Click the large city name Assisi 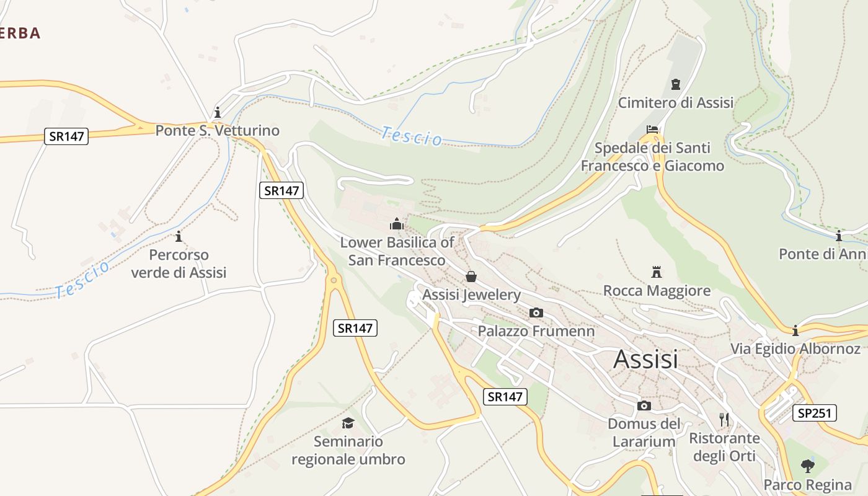pyautogui.click(x=645, y=359)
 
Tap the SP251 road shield pyautogui.click(x=814, y=413)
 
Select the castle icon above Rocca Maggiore pyautogui.click(x=657, y=272)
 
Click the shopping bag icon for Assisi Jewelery pyautogui.click(x=471, y=277)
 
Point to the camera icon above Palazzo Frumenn pyautogui.click(x=536, y=313)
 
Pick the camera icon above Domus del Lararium pyautogui.click(x=644, y=405)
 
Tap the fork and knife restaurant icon pyautogui.click(x=724, y=420)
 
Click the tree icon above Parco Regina pyautogui.click(x=807, y=465)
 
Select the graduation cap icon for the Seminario pyautogui.click(x=348, y=423)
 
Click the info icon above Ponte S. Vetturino pyautogui.click(x=218, y=113)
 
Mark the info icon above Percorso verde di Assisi pyautogui.click(x=179, y=236)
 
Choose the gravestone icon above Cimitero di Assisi pyautogui.click(x=676, y=84)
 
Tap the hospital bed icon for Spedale pyautogui.click(x=652, y=130)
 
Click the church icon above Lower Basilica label pyautogui.click(x=397, y=224)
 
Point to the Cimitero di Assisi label pyautogui.click(x=676, y=102)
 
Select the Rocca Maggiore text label pyautogui.click(x=657, y=290)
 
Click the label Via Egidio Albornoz pyautogui.click(x=795, y=348)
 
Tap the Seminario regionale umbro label pyautogui.click(x=348, y=451)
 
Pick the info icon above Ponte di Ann pyautogui.click(x=839, y=236)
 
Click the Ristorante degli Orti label pyautogui.click(x=724, y=447)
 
